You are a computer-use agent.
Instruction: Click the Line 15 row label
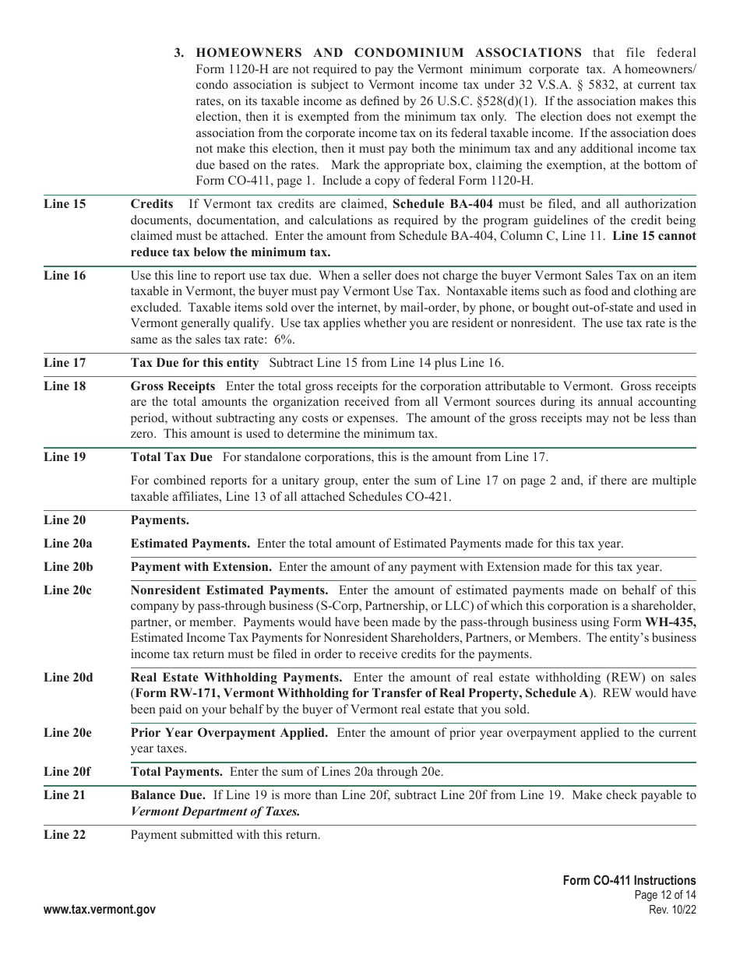pos(65,204)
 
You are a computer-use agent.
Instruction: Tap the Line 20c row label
pos(68,590)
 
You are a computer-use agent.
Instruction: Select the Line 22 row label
pos(65,835)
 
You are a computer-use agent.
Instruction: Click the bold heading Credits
pos(152,204)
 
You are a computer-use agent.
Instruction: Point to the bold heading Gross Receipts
pos(173,386)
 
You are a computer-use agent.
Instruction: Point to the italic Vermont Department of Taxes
pos(215,812)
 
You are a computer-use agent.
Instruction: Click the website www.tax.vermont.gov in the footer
pos(100,910)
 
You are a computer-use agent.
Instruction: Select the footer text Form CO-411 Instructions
pos(629,880)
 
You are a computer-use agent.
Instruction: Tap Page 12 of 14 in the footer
pos(664,896)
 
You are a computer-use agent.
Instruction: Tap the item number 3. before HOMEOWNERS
pos(180,53)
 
